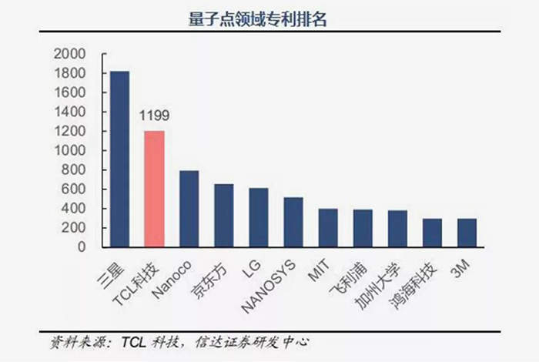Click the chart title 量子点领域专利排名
pos(257,19)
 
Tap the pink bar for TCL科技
pos(155,189)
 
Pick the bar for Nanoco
pos(189,209)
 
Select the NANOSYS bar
pos(293,223)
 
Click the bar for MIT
pos(328,228)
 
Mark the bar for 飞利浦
pos(363,229)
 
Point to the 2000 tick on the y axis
pos(70,54)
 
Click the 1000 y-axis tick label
pos(70,151)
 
